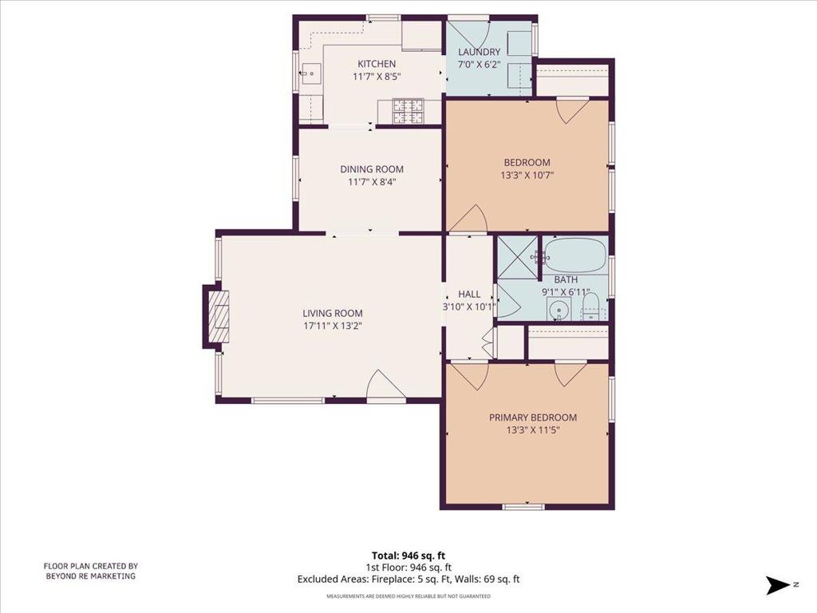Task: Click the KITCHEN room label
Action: point(377,64)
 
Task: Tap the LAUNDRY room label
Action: point(479,52)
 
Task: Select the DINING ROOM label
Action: point(372,169)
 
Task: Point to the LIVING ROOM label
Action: point(333,313)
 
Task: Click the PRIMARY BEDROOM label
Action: point(532,417)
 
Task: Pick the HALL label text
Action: point(469,294)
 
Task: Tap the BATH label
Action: point(566,280)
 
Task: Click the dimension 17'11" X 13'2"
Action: point(333,326)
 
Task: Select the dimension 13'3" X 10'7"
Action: point(527,176)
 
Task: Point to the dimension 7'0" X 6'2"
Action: point(479,65)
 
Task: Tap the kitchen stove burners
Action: point(408,111)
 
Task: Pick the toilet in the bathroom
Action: point(591,307)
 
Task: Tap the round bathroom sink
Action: point(558,310)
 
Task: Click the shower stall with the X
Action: point(517,257)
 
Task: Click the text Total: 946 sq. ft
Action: point(408,556)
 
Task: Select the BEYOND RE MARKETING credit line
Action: point(91,576)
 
